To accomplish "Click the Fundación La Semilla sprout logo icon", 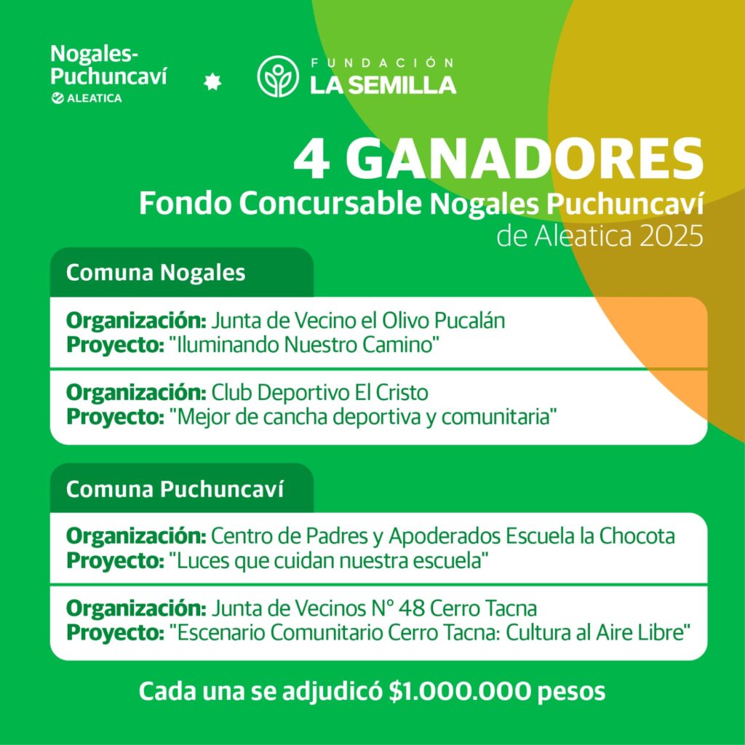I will [278, 76].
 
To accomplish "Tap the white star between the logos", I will [212, 83].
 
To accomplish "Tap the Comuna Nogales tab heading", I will [156, 273].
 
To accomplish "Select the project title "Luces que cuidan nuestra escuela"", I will [327, 560].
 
